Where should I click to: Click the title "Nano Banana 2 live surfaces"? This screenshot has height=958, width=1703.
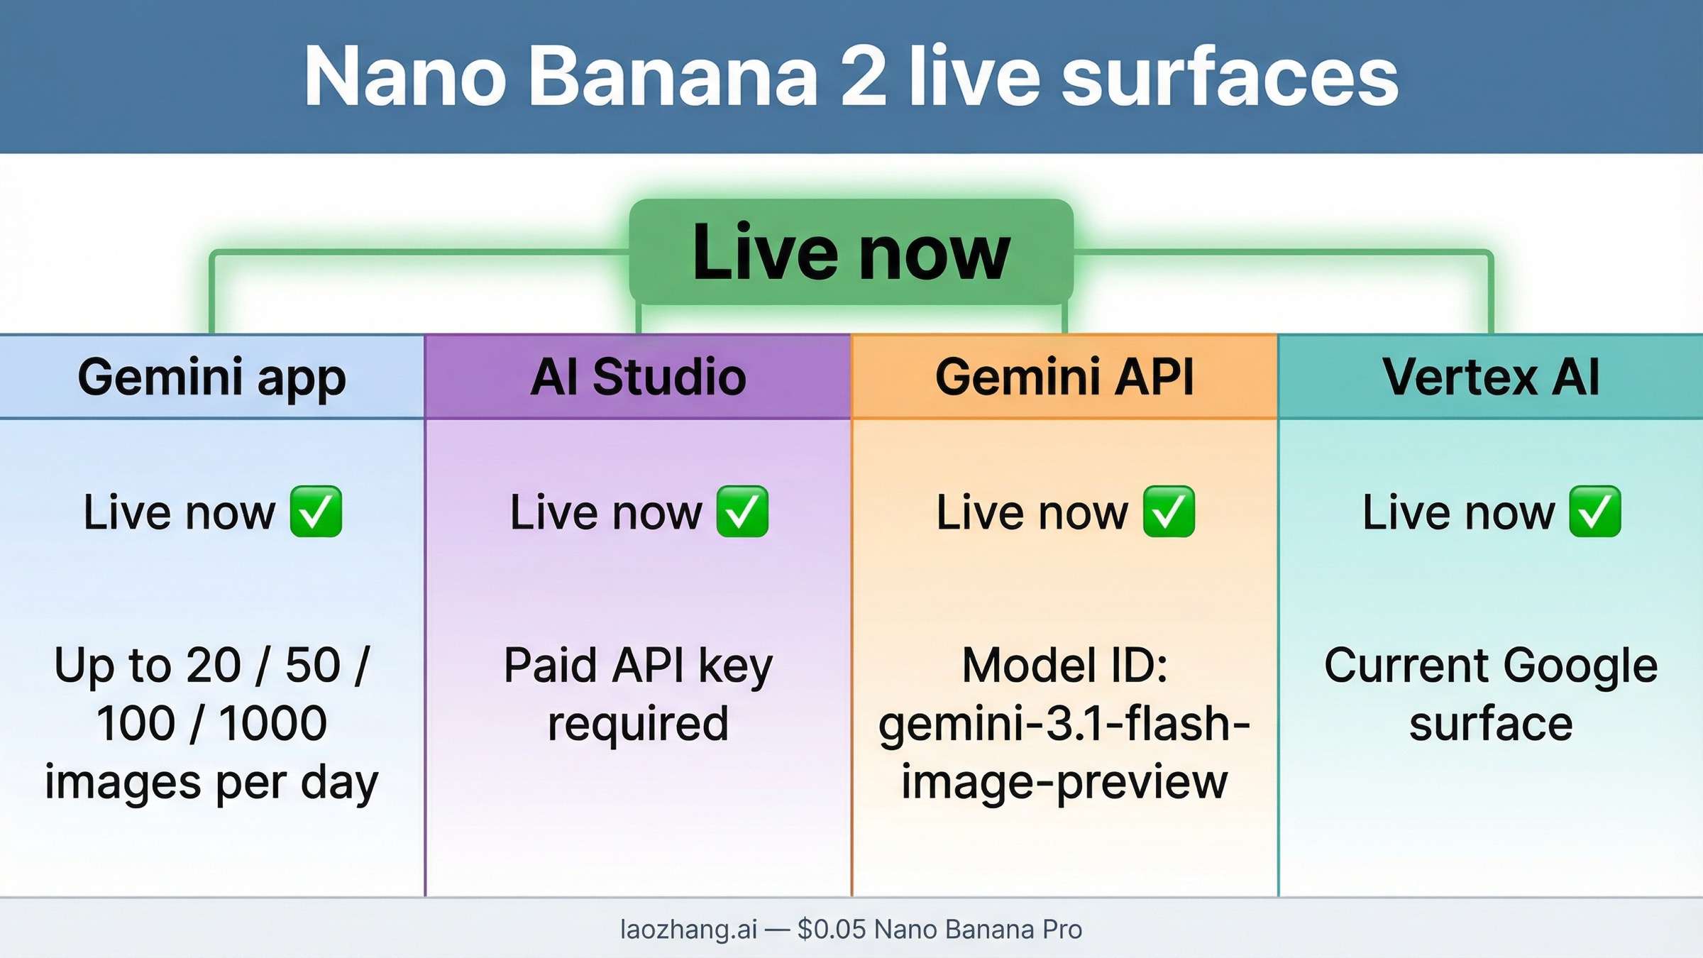pyautogui.click(x=851, y=77)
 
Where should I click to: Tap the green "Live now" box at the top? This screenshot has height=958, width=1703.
pyautogui.click(x=851, y=252)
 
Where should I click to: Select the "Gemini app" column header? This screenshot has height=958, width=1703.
pyautogui.click(x=211, y=377)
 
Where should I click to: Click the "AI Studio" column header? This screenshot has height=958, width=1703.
pyautogui.click(x=638, y=377)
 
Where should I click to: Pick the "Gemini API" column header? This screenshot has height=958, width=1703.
pyautogui.click(x=1064, y=377)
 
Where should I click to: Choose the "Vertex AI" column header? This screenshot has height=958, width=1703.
pyautogui.click(x=1491, y=377)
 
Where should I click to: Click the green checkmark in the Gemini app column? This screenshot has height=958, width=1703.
pyautogui.click(x=316, y=512)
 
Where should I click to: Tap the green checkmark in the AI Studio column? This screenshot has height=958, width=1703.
pyautogui.click(x=742, y=512)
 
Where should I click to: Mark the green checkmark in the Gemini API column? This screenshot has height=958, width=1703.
pyautogui.click(x=1169, y=512)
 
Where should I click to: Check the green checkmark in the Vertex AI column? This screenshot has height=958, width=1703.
pyautogui.click(x=1594, y=512)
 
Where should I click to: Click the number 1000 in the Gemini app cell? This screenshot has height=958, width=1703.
pyautogui.click(x=272, y=724)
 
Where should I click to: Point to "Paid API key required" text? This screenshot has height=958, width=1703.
pyautogui.click(x=638, y=694)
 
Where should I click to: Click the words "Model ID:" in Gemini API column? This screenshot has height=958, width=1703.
pyautogui.click(x=1064, y=666)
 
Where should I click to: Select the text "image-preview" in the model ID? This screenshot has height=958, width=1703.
pyautogui.click(x=1064, y=782)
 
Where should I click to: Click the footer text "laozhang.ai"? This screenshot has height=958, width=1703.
pyautogui.click(x=688, y=929)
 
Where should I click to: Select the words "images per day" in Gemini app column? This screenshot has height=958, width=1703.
pyautogui.click(x=211, y=782)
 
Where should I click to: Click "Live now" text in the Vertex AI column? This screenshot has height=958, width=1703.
pyautogui.click(x=1457, y=512)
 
